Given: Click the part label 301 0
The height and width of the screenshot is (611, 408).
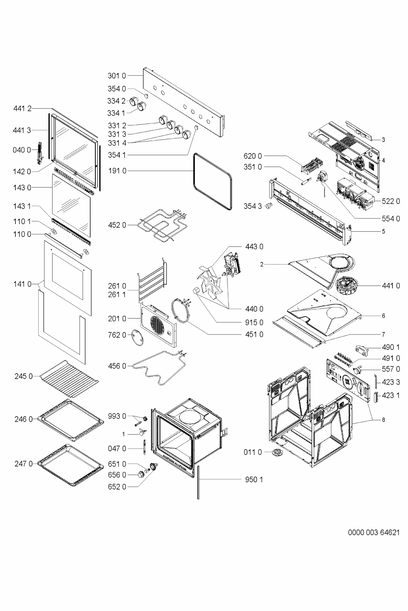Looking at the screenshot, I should click(x=117, y=75).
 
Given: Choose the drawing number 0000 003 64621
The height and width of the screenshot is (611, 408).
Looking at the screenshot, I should click(x=374, y=532).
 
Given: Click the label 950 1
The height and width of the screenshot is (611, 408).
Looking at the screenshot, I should click(x=254, y=479).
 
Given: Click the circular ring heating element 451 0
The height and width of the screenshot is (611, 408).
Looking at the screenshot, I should click(x=182, y=312).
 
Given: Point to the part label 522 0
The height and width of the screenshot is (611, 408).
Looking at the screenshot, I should click(x=391, y=201).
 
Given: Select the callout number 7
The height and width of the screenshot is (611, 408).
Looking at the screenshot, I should click(x=383, y=334).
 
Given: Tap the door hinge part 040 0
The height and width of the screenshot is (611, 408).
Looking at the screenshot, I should click(x=39, y=152).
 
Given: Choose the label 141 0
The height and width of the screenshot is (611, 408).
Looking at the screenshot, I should click(x=22, y=284).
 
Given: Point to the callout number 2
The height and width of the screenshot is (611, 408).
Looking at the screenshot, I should click(x=261, y=264).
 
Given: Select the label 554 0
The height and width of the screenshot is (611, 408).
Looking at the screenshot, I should click(x=391, y=219).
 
